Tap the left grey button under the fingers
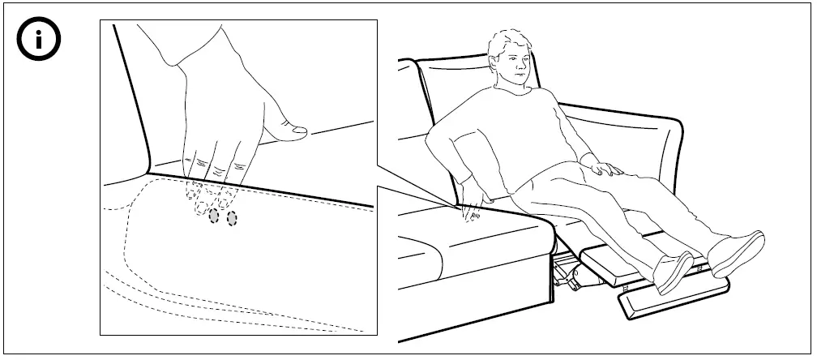tap(214, 216)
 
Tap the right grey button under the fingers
tap(232, 217)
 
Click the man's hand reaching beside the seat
tap(472, 209)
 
